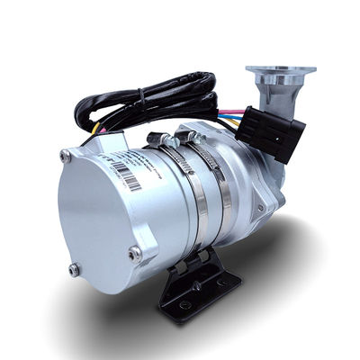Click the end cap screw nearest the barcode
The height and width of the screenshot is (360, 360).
(65, 157)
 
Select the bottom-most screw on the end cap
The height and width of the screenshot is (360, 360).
(75, 268)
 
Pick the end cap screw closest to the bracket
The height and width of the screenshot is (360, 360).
(135, 255)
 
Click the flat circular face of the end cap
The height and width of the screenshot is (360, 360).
(94, 216)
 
